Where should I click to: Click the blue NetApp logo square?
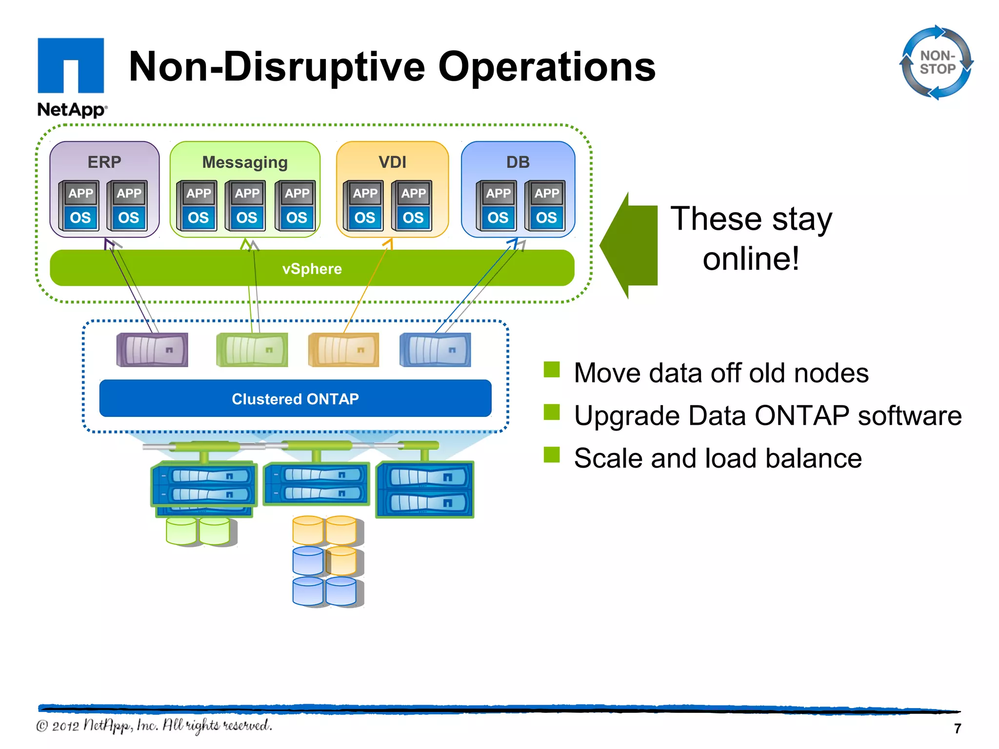tap(71, 65)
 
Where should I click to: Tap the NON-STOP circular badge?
tap(937, 62)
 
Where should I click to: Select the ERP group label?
tap(104, 162)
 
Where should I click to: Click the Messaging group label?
tap(245, 162)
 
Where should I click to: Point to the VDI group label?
tap(392, 162)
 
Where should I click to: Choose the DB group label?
tap(518, 162)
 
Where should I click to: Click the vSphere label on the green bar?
tap(312, 269)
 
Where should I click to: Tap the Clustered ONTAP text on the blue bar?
tap(295, 399)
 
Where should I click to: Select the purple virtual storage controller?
tap(152, 350)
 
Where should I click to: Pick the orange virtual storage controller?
tap(344, 350)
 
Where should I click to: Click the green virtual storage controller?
tap(252, 350)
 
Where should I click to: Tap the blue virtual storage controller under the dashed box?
tap(435, 350)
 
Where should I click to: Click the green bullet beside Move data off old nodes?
tap(552, 370)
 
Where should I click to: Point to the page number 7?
tap(957, 729)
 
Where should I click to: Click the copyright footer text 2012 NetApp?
tap(154, 726)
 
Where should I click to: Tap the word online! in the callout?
tap(751, 258)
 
